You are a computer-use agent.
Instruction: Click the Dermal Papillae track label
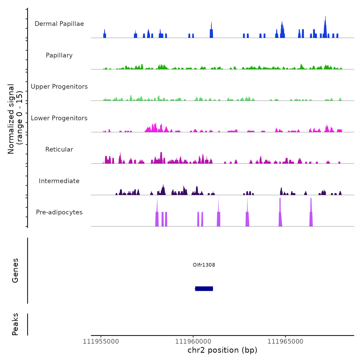coord(59,24)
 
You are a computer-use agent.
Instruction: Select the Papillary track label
coord(59,55)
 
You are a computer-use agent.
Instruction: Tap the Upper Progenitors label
coord(59,87)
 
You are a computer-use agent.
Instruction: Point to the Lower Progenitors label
coord(59,118)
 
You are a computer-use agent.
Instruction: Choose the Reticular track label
coord(59,149)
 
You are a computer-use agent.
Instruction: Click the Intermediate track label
coord(59,181)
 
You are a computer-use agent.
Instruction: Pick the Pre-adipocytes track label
coord(59,212)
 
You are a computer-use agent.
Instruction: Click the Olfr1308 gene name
coord(204,265)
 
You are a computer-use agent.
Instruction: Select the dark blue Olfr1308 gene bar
coord(204,289)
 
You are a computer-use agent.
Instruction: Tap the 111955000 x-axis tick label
coord(101,341)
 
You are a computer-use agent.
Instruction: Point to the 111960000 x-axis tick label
coord(193,341)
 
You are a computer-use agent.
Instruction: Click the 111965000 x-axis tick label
coord(285,341)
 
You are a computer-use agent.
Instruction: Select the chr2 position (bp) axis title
coord(222,350)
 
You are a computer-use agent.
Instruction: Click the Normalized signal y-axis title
coord(15,119)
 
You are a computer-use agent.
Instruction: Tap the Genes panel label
coord(15,270)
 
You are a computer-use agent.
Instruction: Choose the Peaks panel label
coord(15,324)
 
